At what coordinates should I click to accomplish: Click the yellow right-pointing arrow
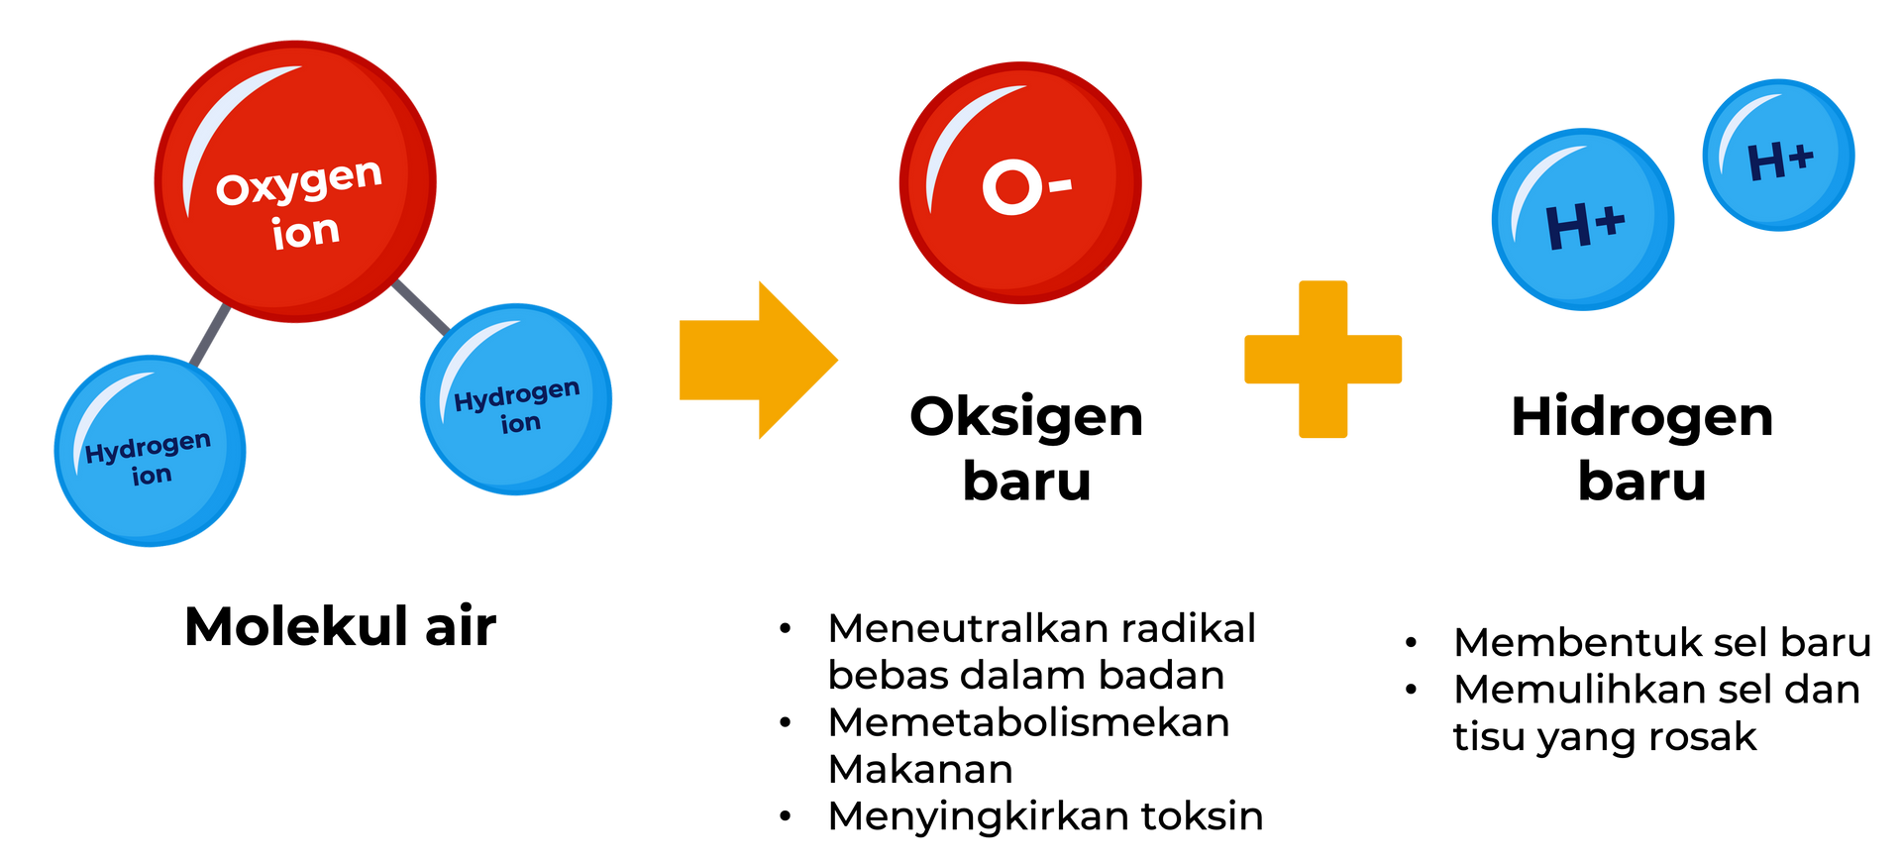(758, 360)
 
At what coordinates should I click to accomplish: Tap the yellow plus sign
(1322, 359)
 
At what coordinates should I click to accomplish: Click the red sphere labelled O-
(1020, 183)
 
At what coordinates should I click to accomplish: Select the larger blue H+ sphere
(1583, 219)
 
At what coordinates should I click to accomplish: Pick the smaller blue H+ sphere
(1778, 156)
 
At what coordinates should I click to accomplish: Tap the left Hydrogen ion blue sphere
(150, 451)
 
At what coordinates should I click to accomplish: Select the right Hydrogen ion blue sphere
(516, 399)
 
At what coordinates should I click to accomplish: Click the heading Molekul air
(340, 626)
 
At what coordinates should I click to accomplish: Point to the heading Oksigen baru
(1026, 448)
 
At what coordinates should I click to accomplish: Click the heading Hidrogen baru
(1641, 448)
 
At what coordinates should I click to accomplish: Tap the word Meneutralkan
(961, 628)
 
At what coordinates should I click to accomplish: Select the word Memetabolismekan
(1028, 722)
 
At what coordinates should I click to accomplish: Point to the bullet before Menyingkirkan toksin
(786, 817)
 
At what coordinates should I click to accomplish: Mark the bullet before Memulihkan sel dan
(1412, 690)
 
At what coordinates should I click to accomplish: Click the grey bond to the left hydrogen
(211, 335)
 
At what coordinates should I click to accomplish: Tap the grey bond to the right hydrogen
(422, 307)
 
